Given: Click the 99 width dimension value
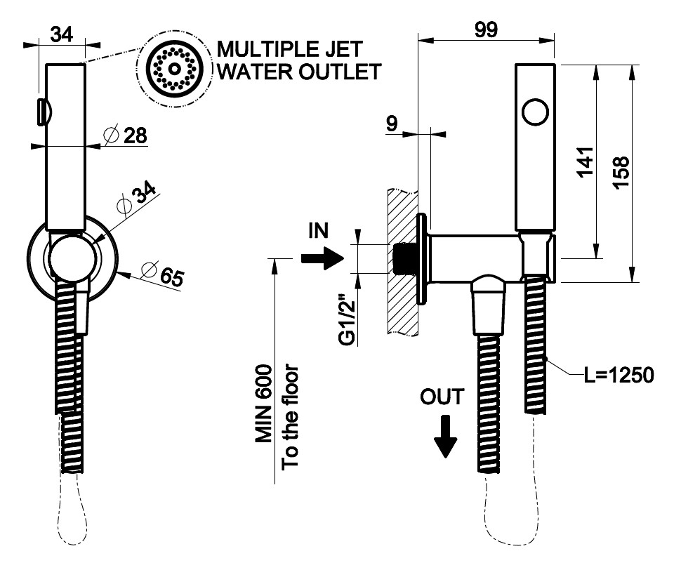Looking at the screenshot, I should click(x=486, y=29).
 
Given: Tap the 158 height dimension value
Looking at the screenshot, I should click(x=619, y=171).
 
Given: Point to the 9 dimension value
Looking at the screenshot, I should click(x=392, y=124).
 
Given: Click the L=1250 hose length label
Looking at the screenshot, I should click(x=619, y=376).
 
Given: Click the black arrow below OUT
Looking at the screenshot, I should click(x=445, y=436).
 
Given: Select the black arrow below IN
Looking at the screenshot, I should click(x=320, y=259).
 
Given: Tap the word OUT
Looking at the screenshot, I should click(x=442, y=397).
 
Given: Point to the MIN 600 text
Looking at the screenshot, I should click(x=263, y=404).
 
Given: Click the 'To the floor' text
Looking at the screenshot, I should click(x=290, y=416).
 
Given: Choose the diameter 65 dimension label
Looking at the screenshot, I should click(x=162, y=274).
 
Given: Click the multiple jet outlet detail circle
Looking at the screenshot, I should click(x=173, y=69).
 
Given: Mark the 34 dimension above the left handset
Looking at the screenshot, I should click(x=64, y=33).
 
